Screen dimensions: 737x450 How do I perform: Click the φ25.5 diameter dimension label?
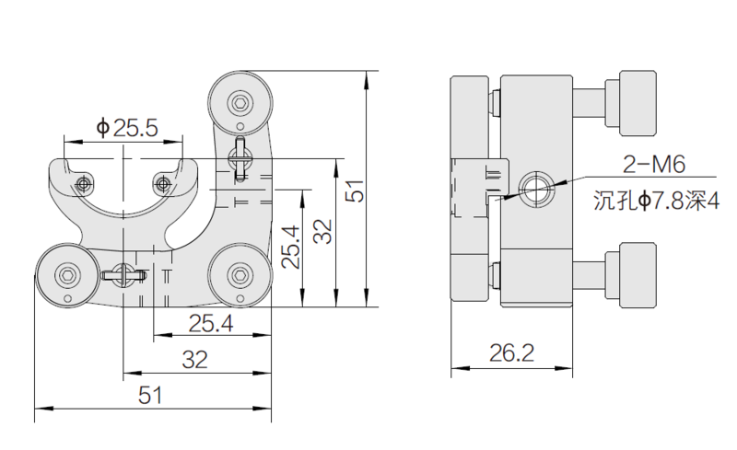coord(127,128)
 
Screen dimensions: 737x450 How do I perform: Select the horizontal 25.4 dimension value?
coord(211,323)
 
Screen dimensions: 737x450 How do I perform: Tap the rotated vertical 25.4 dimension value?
coord(291,247)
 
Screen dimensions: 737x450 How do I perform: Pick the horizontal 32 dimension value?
coord(194,360)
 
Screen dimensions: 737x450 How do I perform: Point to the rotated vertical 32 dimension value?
coord(323,231)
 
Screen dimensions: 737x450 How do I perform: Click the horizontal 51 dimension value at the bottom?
coord(150,396)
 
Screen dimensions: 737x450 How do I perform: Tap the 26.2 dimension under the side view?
coord(512,352)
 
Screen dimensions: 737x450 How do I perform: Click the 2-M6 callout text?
coord(654,164)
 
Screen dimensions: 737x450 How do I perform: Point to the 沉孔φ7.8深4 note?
coord(656,202)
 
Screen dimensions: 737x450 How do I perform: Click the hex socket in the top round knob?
coord(240,103)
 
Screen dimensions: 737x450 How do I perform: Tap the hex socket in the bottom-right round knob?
coord(240,275)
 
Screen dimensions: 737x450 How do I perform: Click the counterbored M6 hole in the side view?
coord(535,190)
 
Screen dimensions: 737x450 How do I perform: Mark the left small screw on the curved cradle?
coord(84,184)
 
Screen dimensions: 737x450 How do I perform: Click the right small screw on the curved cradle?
coord(163,184)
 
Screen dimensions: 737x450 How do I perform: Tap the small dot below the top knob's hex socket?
coord(240,126)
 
